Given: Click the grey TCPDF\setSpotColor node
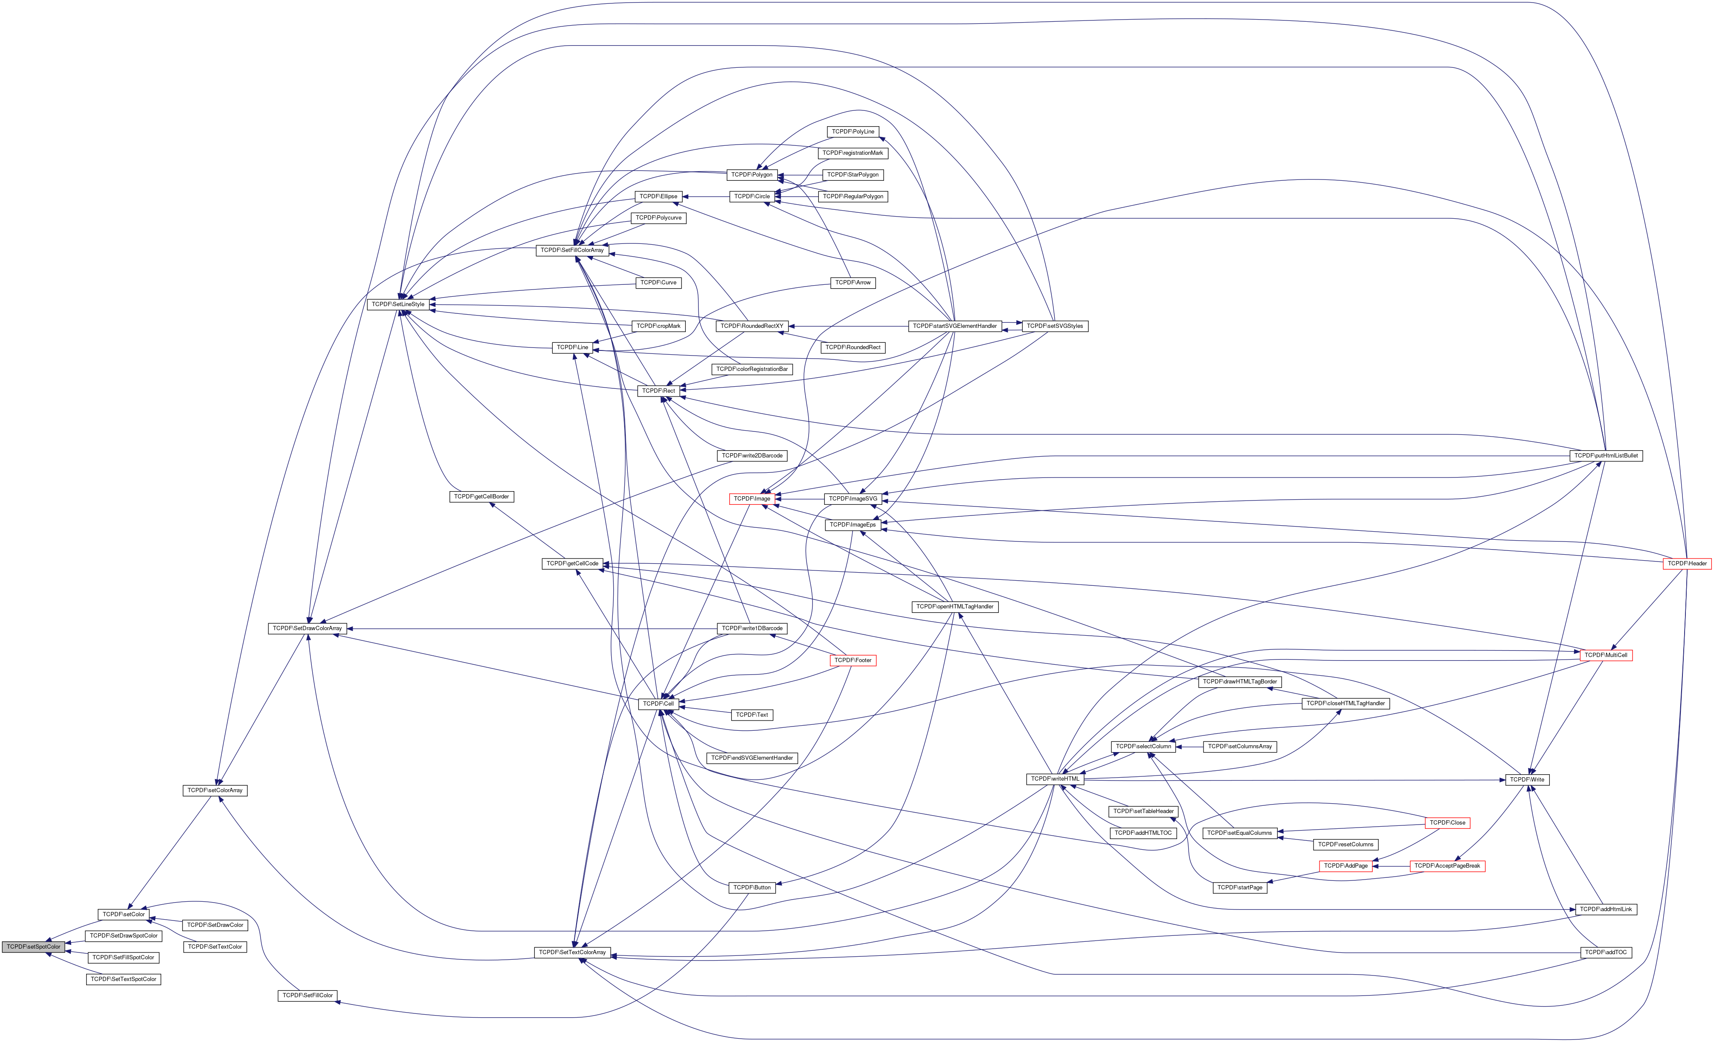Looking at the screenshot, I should tap(33, 946).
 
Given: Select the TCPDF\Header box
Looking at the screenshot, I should tap(1686, 564).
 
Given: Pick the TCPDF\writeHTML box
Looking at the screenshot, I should tap(1055, 779).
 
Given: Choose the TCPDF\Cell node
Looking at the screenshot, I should tap(658, 704).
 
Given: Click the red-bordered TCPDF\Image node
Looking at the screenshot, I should tap(752, 499).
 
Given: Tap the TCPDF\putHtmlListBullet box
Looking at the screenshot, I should tap(1606, 456).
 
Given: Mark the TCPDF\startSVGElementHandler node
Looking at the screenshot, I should tap(954, 326).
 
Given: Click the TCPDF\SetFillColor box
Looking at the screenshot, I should tap(307, 996).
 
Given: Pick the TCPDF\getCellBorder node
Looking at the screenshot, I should tap(481, 497).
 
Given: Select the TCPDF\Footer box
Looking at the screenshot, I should tap(853, 660).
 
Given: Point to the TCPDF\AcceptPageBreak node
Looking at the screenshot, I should tap(1447, 866).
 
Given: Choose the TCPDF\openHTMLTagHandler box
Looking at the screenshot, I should tap(954, 607).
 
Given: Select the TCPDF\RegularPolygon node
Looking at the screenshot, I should tap(853, 197).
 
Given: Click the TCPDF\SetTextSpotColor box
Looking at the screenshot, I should tap(124, 979).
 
